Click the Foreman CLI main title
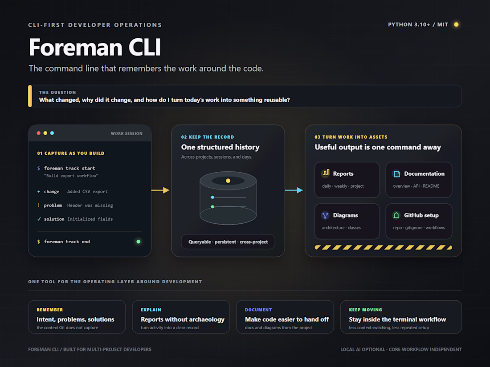95,47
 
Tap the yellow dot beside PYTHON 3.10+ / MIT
456,24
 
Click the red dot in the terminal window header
38,133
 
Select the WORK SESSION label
127,133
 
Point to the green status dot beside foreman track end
139,242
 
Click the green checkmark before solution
39,219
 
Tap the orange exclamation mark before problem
39,205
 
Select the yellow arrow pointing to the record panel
160,190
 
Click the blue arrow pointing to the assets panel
294,190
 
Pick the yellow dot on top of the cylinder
228,181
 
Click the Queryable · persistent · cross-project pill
228,242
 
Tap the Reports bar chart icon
326,173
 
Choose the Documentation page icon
396,173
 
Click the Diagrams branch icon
325,215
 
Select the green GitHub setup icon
396,215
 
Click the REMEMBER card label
50,310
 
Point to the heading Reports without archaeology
183,319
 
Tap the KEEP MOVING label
365,310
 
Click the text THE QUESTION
57,93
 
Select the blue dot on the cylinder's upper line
212,197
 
